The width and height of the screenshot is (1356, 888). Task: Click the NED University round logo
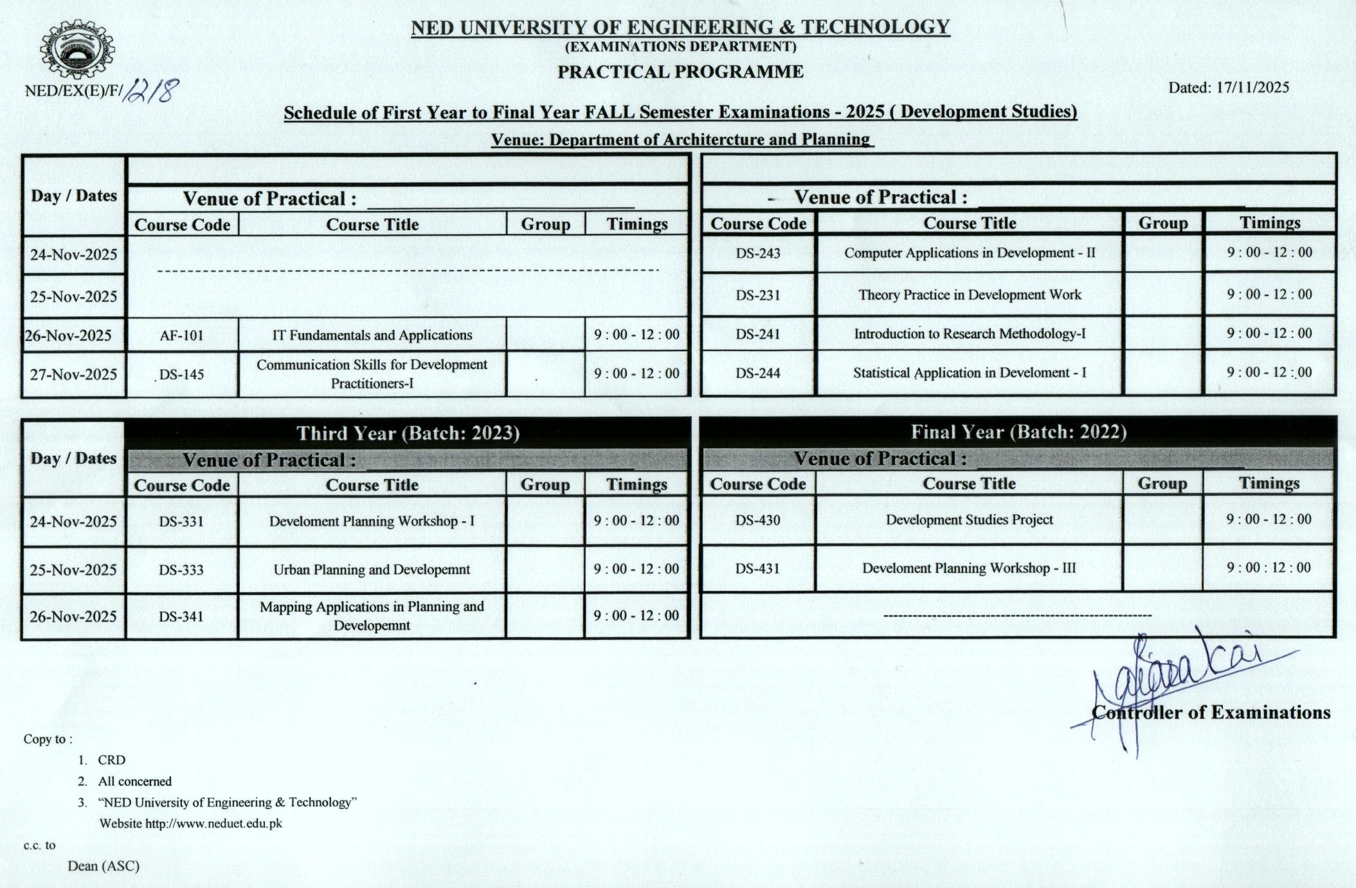click(77, 49)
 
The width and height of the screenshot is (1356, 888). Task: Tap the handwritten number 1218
click(150, 91)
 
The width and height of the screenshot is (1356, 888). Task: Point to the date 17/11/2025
click(1252, 87)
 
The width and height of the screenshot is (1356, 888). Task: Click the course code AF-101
click(181, 335)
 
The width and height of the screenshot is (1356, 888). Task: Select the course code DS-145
click(181, 374)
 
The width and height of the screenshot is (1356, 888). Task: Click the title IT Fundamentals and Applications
click(372, 335)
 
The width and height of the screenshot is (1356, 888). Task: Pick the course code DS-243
click(757, 253)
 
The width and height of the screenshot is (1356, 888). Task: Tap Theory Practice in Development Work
click(970, 294)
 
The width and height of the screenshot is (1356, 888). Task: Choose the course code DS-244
click(757, 373)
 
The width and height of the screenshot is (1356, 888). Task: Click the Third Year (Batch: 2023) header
click(408, 433)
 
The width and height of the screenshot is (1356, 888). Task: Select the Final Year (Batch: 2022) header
click(1018, 431)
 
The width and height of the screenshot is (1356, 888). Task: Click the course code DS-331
click(181, 521)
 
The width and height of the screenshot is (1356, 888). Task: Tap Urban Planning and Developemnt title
click(372, 570)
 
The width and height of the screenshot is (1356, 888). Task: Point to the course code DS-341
click(181, 617)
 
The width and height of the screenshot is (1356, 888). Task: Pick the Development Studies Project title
click(969, 520)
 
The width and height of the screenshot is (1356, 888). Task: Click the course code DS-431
click(757, 568)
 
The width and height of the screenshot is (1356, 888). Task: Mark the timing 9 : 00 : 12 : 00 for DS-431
click(1268, 568)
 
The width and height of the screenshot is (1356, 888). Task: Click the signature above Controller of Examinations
click(1177, 682)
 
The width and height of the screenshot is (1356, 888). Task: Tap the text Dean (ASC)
click(104, 866)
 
